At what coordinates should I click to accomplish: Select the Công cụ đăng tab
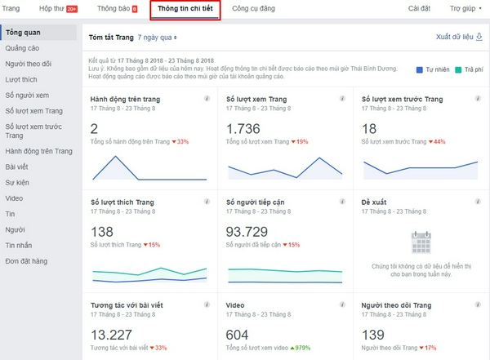pyautogui.click(x=253, y=9)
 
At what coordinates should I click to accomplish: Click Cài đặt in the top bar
pyautogui.click(x=396, y=9)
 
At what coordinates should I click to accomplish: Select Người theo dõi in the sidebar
pyautogui.click(x=28, y=64)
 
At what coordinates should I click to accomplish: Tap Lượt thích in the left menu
pyautogui.click(x=20, y=80)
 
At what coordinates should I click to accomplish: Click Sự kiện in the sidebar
pyautogui.click(x=18, y=182)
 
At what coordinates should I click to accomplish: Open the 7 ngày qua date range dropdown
pyautogui.click(x=157, y=38)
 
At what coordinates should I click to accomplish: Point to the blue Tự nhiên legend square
pyautogui.click(x=418, y=70)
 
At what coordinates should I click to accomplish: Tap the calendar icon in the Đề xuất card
pyautogui.click(x=421, y=242)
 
